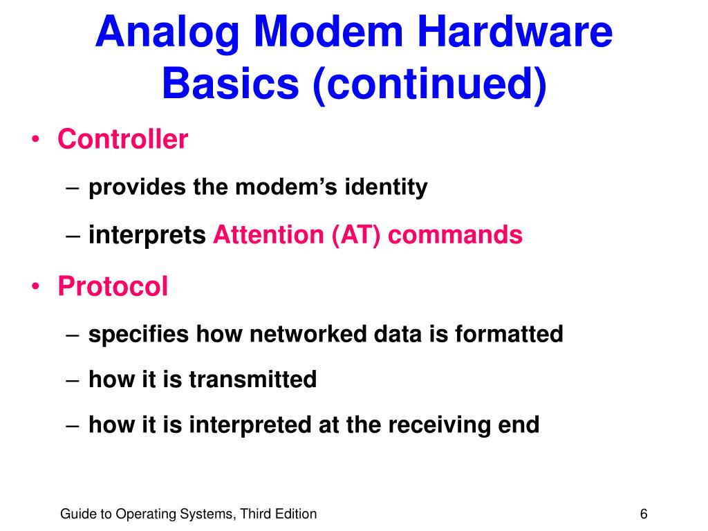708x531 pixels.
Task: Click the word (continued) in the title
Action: pos(429,84)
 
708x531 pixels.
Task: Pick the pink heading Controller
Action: pos(122,140)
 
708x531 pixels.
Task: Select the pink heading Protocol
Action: pos(113,286)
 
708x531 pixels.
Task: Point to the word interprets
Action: pos(147,236)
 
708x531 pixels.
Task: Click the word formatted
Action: pos(509,335)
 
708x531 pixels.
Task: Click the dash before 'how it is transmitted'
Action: pos(74,380)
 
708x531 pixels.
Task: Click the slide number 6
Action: pos(644,514)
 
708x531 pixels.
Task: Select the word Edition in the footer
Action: pos(295,514)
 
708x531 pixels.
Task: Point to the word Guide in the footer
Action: pos(75,514)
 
